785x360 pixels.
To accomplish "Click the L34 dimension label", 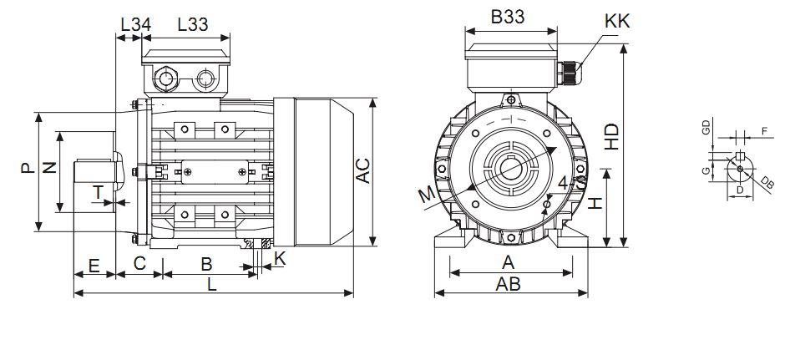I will click(135, 24).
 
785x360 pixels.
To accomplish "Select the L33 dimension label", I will click(193, 24).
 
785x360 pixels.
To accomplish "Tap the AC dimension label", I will click(363, 170).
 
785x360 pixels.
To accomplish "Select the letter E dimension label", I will click(94, 266).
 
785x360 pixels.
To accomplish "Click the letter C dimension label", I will click(140, 266).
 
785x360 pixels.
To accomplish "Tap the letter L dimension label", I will click(212, 284).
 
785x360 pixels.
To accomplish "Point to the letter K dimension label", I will click(280, 258).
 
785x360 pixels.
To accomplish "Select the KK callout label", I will click(617, 20).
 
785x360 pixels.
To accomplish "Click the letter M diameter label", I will click(427, 195).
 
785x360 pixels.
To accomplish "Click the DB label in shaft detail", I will click(767, 183).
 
